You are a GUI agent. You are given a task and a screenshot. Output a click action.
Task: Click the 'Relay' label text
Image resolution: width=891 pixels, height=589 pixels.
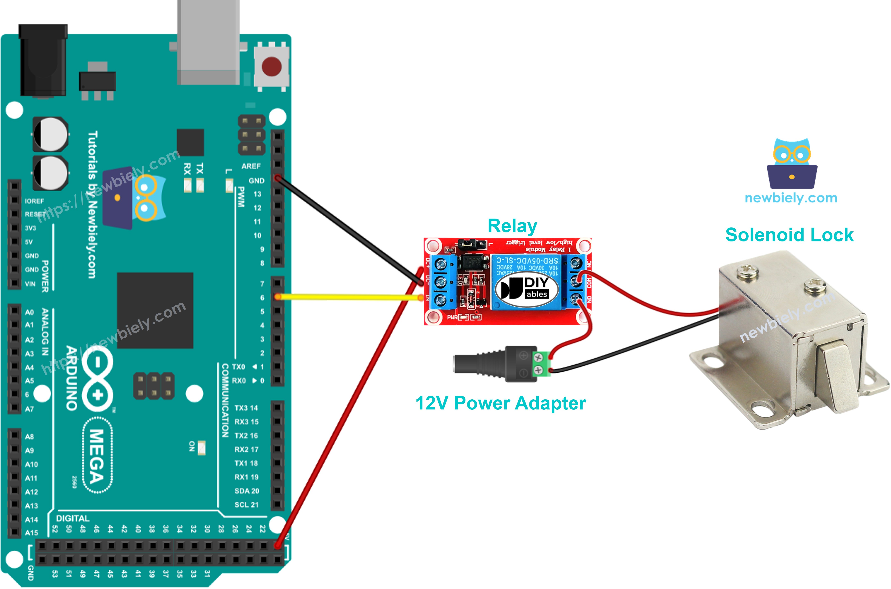512,226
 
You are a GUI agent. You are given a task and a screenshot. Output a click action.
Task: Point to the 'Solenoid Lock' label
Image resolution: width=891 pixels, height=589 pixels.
789,235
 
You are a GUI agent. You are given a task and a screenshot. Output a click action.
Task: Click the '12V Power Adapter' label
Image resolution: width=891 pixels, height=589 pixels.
501,403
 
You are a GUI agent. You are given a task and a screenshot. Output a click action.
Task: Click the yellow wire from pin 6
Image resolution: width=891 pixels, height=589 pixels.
349,297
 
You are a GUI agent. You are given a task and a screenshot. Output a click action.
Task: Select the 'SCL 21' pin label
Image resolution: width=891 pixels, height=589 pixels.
247,504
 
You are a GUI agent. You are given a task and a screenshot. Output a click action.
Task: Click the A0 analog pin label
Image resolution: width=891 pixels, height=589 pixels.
29,312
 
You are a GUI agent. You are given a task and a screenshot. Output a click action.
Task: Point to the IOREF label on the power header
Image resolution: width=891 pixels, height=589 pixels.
34,201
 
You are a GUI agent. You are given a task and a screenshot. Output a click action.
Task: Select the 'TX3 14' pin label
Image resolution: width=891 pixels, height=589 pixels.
246,408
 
